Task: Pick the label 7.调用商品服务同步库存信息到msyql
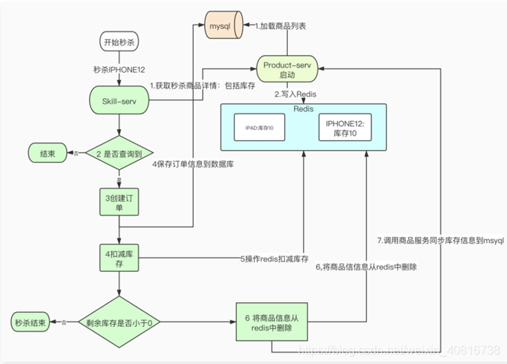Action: [441, 241]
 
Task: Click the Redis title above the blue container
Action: [304, 108]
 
